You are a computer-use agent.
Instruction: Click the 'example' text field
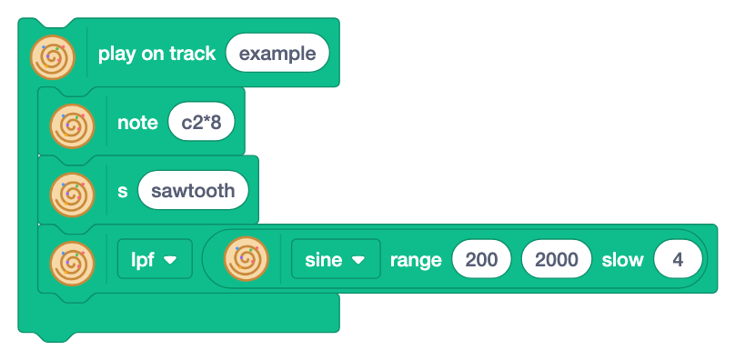(x=277, y=53)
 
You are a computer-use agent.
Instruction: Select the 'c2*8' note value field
(x=201, y=122)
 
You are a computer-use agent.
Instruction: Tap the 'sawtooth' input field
(x=193, y=190)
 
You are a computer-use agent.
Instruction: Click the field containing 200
(x=481, y=259)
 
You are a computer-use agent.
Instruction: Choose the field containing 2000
(x=557, y=259)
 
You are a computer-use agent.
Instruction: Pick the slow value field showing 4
(x=678, y=259)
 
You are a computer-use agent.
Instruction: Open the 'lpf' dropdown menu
(x=155, y=259)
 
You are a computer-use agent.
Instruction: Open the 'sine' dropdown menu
(x=336, y=259)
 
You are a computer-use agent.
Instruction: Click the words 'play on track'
(x=157, y=54)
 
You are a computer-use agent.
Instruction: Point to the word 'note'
(x=137, y=123)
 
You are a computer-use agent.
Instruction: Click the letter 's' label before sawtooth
(x=122, y=191)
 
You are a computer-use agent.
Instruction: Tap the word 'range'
(x=416, y=260)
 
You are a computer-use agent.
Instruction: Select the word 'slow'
(x=622, y=260)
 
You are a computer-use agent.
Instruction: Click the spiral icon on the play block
(x=53, y=57)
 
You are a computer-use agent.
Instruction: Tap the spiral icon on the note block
(x=72, y=126)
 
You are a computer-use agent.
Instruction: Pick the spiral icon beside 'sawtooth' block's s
(x=72, y=195)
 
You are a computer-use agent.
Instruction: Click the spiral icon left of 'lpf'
(x=72, y=264)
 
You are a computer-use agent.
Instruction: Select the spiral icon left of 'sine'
(x=247, y=259)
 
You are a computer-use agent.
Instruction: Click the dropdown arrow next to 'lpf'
(x=170, y=260)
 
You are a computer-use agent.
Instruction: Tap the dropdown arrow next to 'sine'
(x=358, y=260)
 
